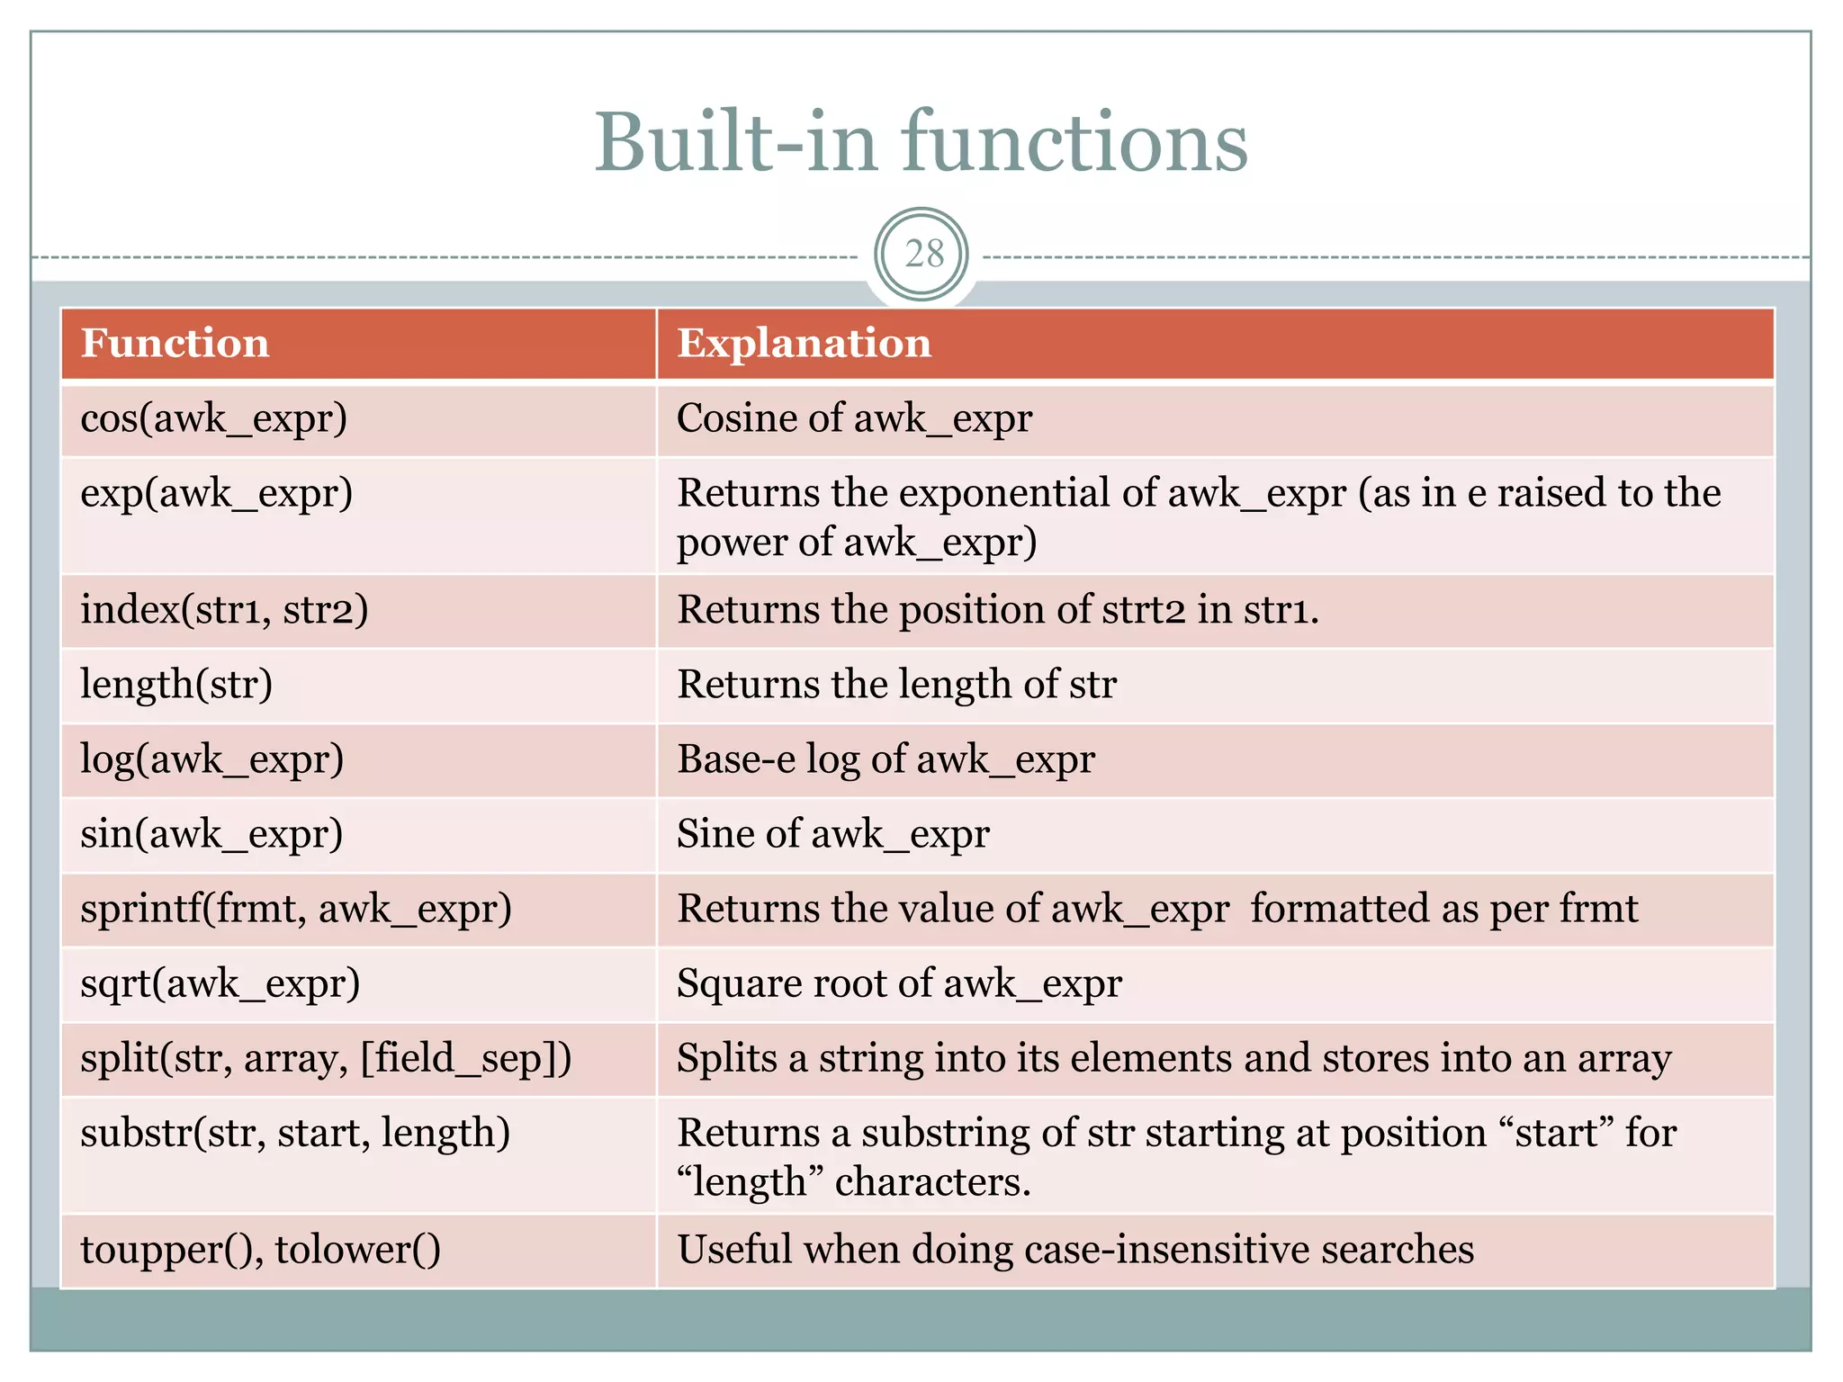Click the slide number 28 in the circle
923,255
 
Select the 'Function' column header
175,344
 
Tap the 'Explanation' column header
804,344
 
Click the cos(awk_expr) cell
214,419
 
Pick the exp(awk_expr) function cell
217,494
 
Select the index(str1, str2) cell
224,610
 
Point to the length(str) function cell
176,685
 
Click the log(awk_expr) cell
212,759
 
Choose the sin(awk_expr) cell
211,834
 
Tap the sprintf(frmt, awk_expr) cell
296,909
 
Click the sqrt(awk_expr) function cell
220,983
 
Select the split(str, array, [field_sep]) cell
326,1058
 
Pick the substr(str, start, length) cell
295,1133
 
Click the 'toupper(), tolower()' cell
261,1250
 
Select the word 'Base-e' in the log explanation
736,759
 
